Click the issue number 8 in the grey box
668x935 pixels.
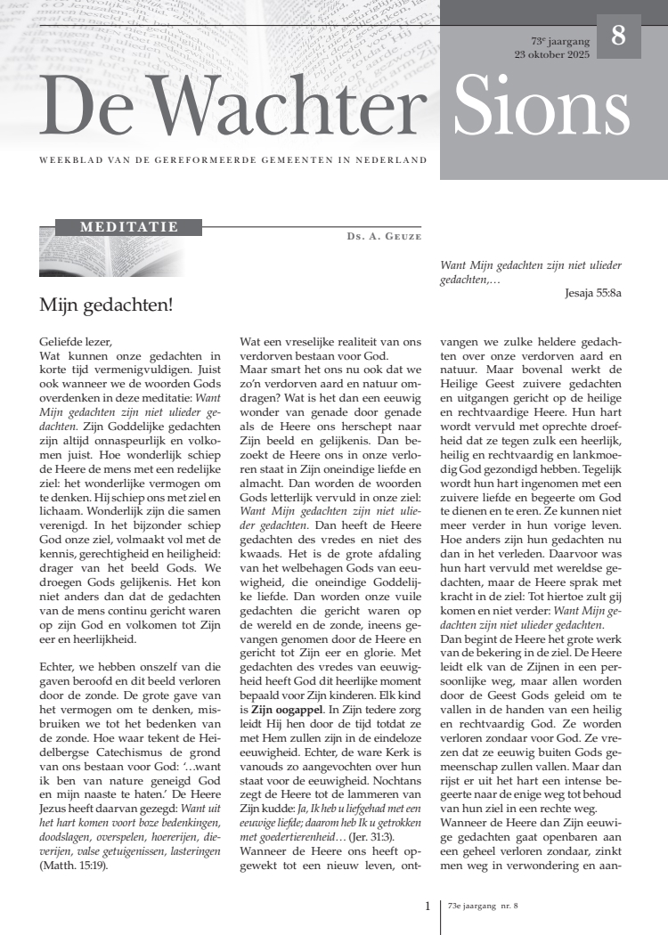pos(618,37)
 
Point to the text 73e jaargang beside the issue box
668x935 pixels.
pos(560,41)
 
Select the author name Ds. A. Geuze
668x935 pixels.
pos(384,236)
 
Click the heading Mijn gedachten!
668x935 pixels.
pos(106,305)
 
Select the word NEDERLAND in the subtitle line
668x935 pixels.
pos(394,161)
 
